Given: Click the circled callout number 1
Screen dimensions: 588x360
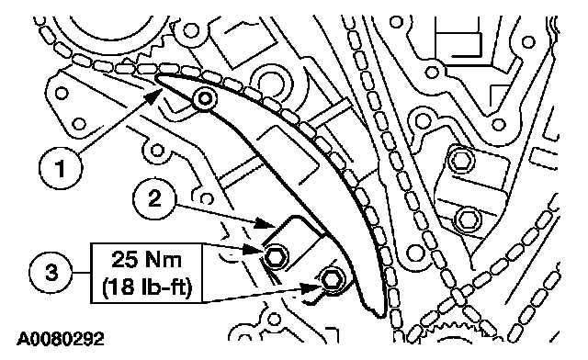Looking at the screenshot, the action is click(x=61, y=168).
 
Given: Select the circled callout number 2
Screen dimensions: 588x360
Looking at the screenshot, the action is click(x=154, y=198).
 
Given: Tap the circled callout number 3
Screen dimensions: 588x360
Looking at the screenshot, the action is click(x=51, y=272).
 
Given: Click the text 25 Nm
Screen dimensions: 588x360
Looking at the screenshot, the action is click(x=147, y=260).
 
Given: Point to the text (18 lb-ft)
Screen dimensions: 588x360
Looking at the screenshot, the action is click(x=147, y=287).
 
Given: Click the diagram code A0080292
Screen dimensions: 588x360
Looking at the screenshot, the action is click(x=61, y=339).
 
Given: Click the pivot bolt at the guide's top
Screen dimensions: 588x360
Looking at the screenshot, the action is click(x=205, y=98).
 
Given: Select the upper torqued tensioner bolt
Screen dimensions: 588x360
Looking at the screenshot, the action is click(x=277, y=257).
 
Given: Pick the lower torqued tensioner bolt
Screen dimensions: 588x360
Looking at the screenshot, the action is click(x=332, y=280).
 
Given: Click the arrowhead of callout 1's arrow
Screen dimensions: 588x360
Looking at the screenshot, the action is click(x=153, y=96).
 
